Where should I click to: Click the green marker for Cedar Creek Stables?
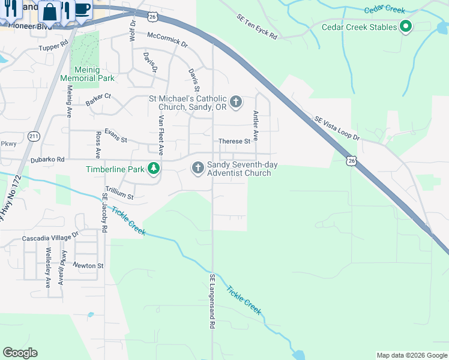406,26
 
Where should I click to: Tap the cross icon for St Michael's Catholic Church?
236,101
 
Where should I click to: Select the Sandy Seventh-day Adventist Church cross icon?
197,168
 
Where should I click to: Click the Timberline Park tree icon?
154,169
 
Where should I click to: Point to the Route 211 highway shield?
34,136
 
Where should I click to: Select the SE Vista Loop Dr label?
337,128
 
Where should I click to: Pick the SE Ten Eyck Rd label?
256,28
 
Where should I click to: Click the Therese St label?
234,142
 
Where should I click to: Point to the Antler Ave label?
256,125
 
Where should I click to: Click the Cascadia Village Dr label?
50,238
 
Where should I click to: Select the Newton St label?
88,265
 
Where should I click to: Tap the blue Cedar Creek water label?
385,10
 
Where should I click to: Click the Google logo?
20,353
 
